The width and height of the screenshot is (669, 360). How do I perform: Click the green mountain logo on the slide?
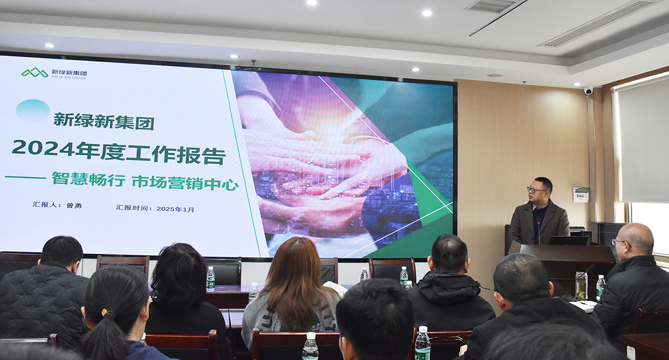[x=35, y=72]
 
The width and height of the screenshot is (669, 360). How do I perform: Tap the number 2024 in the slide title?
[x=43, y=148]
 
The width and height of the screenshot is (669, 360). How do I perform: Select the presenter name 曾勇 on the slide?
[x=74, y=206]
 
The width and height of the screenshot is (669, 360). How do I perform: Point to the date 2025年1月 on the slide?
[x=175, y=209]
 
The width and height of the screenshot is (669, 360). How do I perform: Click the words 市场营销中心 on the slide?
[x=185, y=183]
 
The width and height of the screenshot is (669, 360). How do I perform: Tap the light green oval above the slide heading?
[x=33, y=110]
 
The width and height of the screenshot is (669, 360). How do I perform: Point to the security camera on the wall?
[x=588, y=90]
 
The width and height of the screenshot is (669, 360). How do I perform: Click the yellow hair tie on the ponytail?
[x=104, y=312]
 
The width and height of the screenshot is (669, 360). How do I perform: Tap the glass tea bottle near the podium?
[x=581, y=285]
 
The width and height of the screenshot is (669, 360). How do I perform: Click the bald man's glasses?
[x=620, y=243]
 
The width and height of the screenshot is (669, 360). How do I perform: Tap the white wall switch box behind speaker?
[x=580, y=194]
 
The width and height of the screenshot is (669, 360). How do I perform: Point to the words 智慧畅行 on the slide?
[x=89, y=179]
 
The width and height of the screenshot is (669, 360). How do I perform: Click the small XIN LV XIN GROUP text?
[x=69, y=77]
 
